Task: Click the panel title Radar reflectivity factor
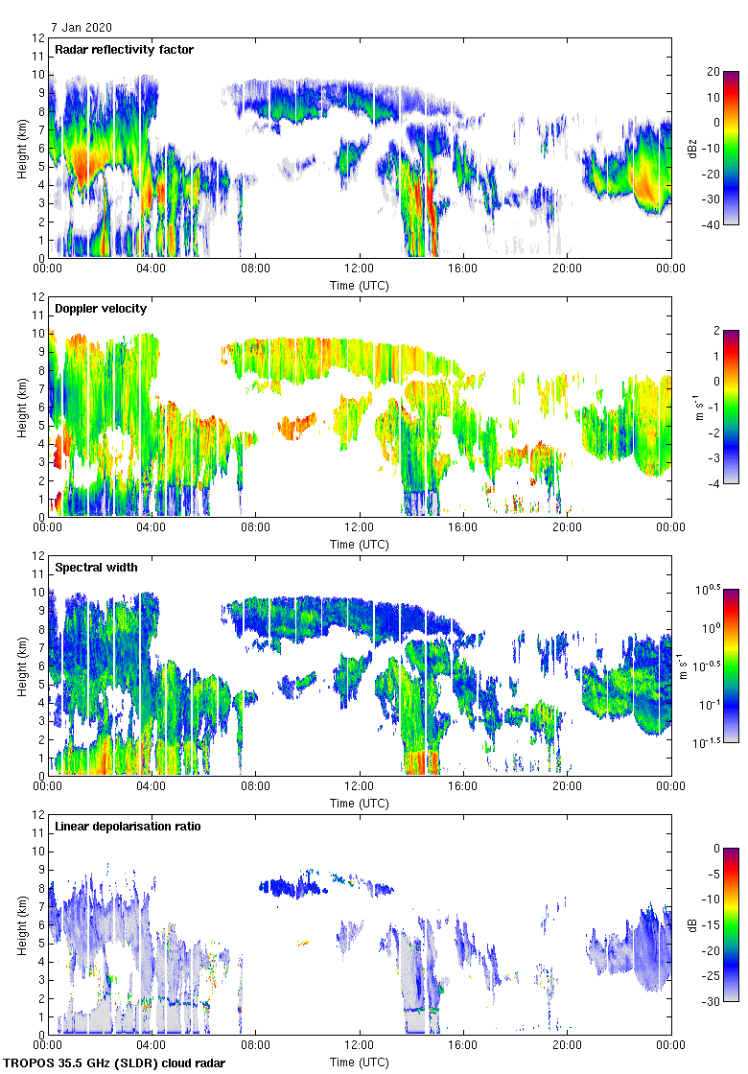124,50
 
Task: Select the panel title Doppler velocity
99,309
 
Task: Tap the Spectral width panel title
96,568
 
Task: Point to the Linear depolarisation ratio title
128,827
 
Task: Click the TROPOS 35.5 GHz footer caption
115,1063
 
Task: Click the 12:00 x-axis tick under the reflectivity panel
360,268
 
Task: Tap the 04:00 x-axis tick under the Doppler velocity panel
152,527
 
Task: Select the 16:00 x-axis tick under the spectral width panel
463,786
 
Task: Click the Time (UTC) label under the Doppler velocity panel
360,544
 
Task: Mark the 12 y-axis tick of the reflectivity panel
38,38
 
